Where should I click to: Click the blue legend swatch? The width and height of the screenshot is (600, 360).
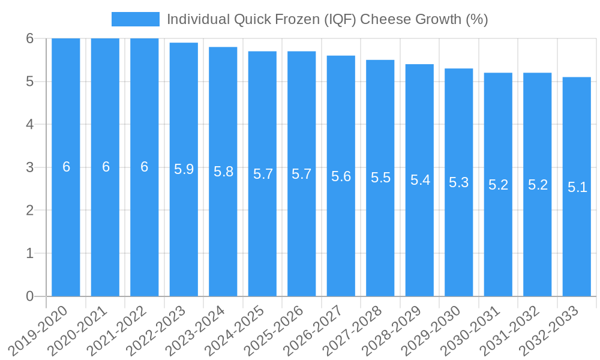[x=136, y=19]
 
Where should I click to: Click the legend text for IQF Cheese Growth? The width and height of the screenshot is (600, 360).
[x=327, y=19]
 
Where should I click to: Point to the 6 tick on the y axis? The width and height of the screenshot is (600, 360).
[x=29, y=38]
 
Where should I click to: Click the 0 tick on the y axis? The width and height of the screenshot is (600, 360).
[x=29, y=296]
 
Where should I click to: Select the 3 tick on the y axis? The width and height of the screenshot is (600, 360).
[x=29, y=167]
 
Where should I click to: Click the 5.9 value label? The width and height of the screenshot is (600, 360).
[x=184, y=169]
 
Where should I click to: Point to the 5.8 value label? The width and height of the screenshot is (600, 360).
[x=223, y=172]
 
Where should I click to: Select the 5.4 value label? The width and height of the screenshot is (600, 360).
[x=420, y=179]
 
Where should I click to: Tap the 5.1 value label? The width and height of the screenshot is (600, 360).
[x=577, y=187]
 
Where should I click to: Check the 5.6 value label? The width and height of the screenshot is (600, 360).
[x=341, y=176]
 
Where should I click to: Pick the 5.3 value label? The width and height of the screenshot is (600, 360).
[x=459, y=182]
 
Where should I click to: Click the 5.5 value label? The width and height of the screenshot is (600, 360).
[x=380, y=178]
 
